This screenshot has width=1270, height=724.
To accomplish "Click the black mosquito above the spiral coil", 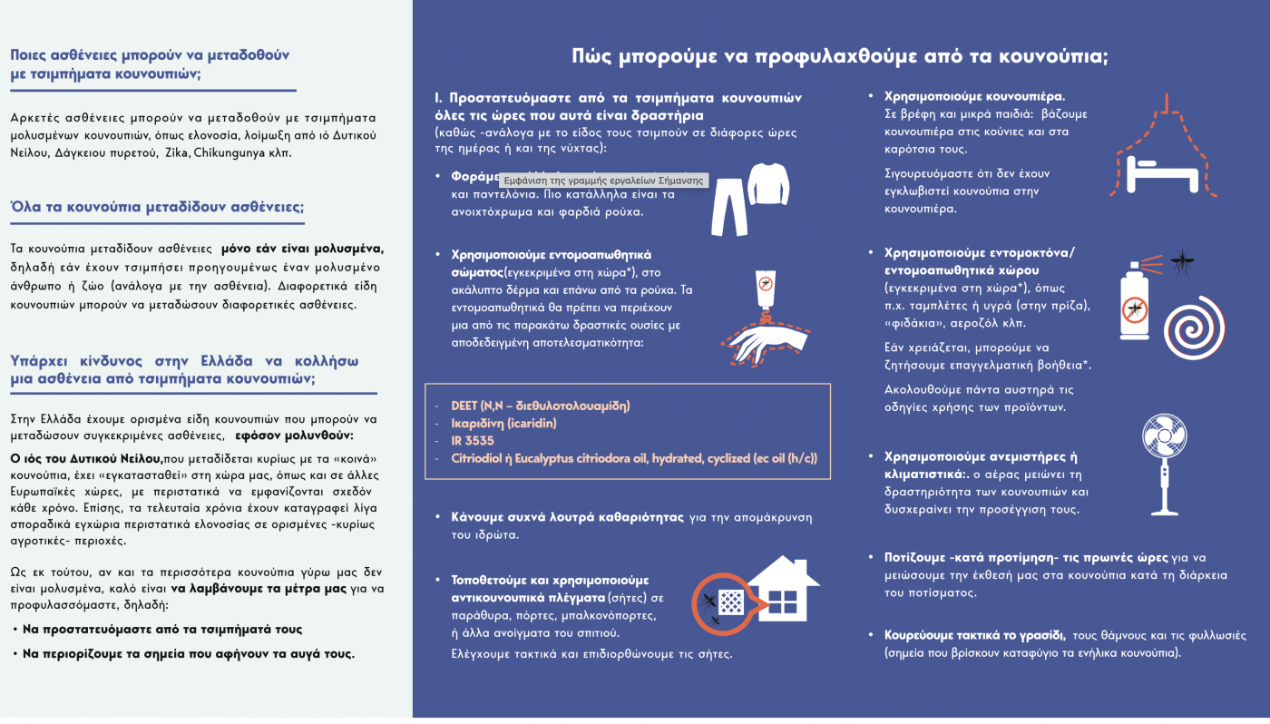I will (1180, 263).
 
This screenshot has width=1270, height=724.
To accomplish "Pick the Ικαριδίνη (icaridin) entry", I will (503, 423).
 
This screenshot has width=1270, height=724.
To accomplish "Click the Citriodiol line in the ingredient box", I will (634, 458).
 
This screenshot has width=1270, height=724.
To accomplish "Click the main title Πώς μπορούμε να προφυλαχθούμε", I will (839, 56).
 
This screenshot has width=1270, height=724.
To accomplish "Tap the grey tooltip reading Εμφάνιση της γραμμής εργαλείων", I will (602, 181).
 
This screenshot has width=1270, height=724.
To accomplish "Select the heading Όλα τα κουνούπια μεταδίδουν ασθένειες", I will (156, 207).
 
